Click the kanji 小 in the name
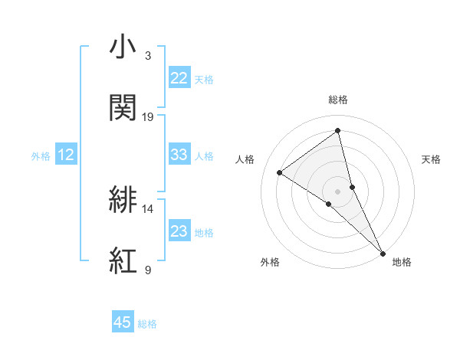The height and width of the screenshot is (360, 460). point(123,47)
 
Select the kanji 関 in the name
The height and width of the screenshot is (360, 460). point(123,108)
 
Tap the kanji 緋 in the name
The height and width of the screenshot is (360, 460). point(123,200)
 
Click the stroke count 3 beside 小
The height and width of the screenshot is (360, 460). point(148,56)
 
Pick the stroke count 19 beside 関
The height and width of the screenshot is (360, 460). point(148,116)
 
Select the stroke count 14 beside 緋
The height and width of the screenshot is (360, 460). point(148,208)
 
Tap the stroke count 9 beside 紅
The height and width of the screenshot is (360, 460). point(148,270)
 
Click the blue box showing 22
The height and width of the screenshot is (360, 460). point(179,78)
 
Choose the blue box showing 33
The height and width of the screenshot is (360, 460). point(179,155)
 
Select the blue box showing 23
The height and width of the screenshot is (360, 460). point(179,231)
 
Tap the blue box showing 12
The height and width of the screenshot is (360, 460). point(66,155)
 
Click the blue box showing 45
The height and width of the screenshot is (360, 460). point(123,322)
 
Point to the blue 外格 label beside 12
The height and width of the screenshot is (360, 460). point(41,156)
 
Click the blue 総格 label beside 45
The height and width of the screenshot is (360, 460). point(147,324)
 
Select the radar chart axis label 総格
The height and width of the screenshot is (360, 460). point(338,100)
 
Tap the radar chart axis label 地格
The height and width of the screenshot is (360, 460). point(402,262)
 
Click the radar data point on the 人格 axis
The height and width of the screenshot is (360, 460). point(280,172)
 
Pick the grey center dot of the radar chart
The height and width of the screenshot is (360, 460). point(338,190)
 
